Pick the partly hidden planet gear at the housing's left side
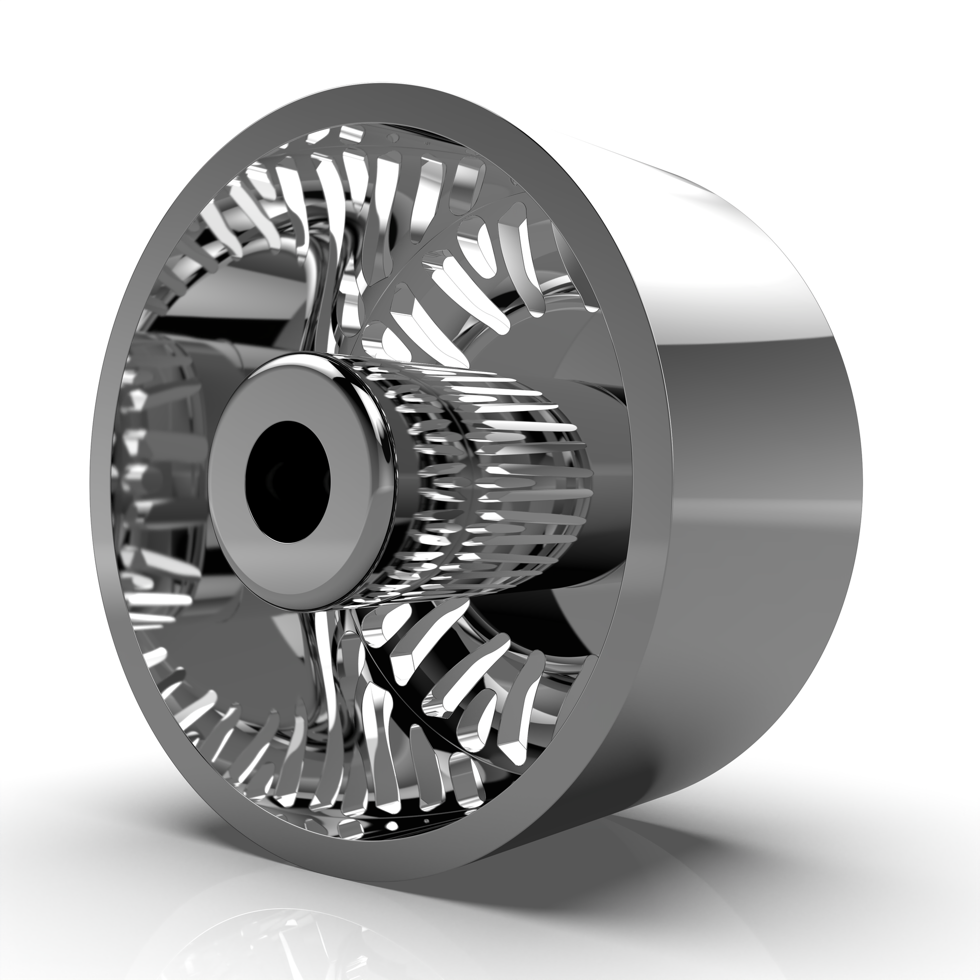coord(147,482)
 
